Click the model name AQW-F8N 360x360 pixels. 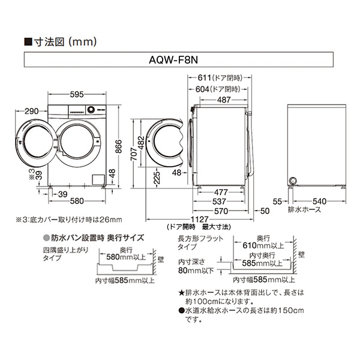coord(178,61)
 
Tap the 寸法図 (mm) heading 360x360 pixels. coord(60,43)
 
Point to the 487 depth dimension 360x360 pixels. coord(223,100)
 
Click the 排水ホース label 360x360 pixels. coord(304,210)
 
